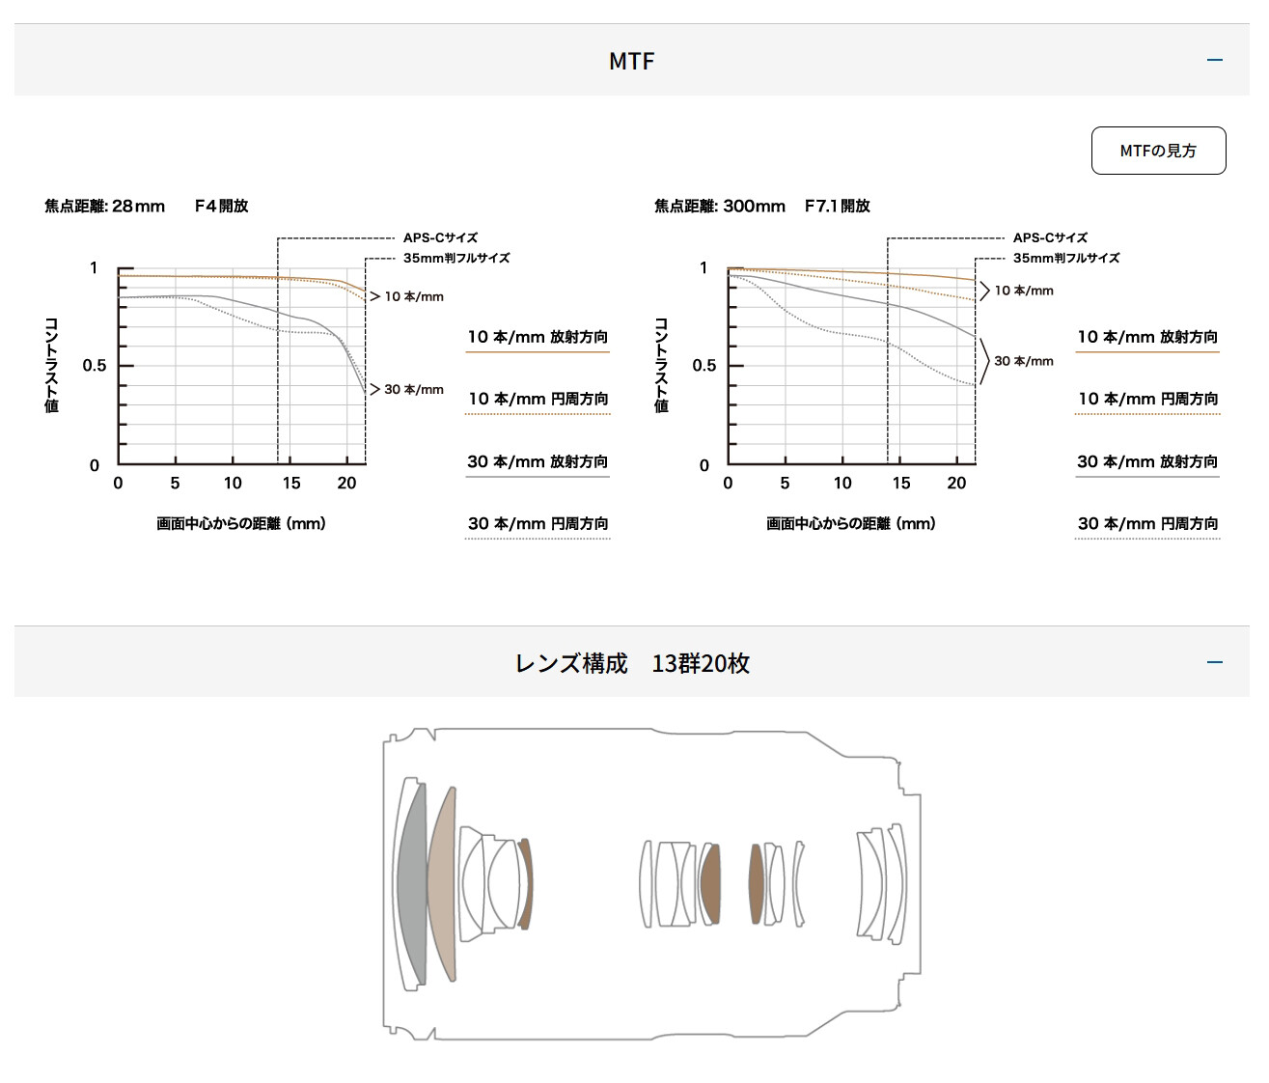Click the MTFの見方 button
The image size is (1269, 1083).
[1158, 151]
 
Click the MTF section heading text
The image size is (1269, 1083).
[632, 61]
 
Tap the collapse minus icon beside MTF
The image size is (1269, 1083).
[1214, 60]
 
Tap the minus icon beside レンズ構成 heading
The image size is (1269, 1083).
[1214, 662]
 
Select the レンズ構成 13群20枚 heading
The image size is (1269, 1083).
[632, 663]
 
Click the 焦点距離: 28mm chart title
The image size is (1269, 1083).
[104, 206]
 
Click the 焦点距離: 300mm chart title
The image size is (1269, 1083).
[720, 206]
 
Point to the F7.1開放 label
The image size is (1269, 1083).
[838, 206]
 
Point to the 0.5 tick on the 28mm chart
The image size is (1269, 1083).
[94, 366]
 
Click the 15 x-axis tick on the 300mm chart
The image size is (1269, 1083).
[900, 484]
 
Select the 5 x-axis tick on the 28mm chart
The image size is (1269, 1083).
[175, 484]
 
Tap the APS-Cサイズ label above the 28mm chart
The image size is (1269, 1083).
[440, 237]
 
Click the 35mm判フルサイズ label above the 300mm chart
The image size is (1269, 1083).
[1065, 258]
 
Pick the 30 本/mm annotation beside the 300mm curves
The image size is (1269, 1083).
[1024, 361]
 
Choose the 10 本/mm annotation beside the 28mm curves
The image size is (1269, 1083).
[414, 296]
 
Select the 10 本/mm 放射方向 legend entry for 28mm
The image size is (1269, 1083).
[538, 337]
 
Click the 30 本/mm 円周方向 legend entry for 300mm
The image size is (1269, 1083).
[1147, 524]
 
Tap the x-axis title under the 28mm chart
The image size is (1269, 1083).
[241, 524]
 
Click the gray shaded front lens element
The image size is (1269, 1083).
[413, 884]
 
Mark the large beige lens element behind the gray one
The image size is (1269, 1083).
[442, 884]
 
